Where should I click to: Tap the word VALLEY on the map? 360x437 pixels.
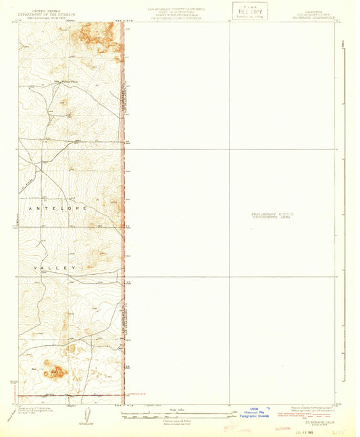pyautogui.click(x=55, y=268)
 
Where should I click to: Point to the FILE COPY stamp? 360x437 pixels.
pyautogui.click(x=249, y=11)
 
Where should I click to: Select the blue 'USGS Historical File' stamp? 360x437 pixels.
pyautogui.click(x=253, y=413)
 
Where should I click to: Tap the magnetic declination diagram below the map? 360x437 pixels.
pyautogui.click(x=85, y=412)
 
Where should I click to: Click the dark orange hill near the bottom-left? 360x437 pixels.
pyautogui.click(x=55, y=370)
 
